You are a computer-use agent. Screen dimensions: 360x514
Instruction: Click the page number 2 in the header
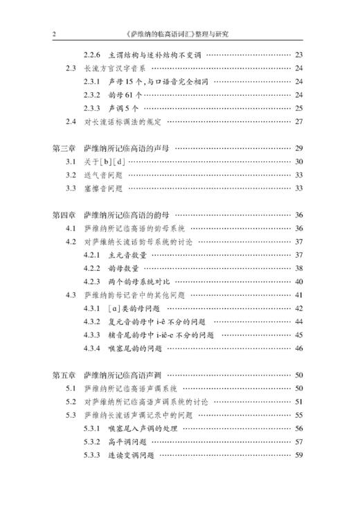click(55, 33)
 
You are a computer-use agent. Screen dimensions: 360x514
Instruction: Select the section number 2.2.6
click(92, 55)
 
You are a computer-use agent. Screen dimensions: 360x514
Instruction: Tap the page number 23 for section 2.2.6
click(299, 55)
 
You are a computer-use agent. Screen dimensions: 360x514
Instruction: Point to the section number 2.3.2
click(92, 95)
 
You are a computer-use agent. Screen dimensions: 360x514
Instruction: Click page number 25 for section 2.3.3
click(299, 108)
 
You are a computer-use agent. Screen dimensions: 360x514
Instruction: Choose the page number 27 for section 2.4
click(299, 122)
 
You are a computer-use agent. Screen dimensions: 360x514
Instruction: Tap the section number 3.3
click(71, 188)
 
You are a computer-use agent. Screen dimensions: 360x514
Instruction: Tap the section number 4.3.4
click(92, 348)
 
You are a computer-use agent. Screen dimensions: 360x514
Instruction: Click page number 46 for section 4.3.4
click(299, 348)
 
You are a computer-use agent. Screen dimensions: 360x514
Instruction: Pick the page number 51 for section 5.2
click(299, 402)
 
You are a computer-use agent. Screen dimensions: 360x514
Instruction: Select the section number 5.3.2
click(92, 441)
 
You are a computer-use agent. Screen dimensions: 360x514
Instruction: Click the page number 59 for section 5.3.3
click(299, 455)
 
